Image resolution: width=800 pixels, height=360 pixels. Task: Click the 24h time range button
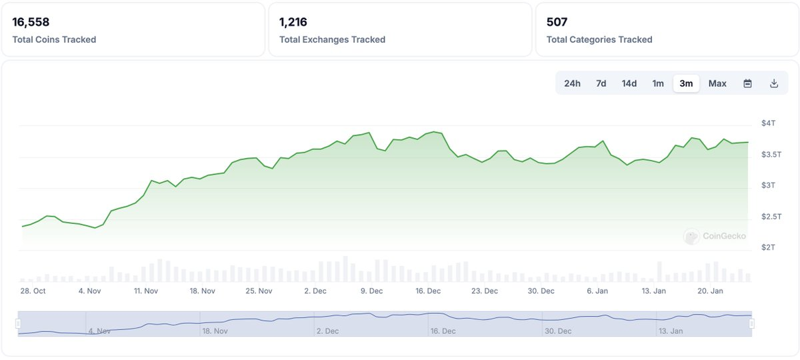click(572, 83)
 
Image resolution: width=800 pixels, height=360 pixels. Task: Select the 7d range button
click(601, 83)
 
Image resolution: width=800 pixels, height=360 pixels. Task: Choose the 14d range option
click(629, 83)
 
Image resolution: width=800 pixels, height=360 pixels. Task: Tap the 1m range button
click(658, 83)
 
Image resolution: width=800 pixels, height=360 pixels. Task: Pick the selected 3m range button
click(686, 83)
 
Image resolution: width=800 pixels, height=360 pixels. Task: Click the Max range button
click(717, 83)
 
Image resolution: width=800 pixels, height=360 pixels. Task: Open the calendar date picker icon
click(747, 83)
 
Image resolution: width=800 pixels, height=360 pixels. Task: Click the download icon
click(774, 83)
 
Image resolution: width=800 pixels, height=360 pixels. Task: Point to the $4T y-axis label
click(768, 123)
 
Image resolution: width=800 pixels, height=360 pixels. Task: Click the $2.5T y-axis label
click(771, 217)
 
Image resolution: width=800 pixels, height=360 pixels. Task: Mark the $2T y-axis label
click(768, 247)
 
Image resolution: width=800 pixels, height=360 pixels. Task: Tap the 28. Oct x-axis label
click(33, 291)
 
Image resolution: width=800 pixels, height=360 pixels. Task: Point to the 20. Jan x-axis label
click(710, 291)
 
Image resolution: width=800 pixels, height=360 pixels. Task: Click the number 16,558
click(31, 22)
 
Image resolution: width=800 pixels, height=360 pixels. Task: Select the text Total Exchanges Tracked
click(332, 39)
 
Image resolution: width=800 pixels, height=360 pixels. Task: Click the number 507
click(557, 22)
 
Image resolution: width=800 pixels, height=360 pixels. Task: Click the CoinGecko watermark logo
click(715, 236)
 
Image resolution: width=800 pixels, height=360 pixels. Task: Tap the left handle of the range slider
click(18, 323)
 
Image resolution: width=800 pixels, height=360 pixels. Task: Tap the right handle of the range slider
click(752, 323)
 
